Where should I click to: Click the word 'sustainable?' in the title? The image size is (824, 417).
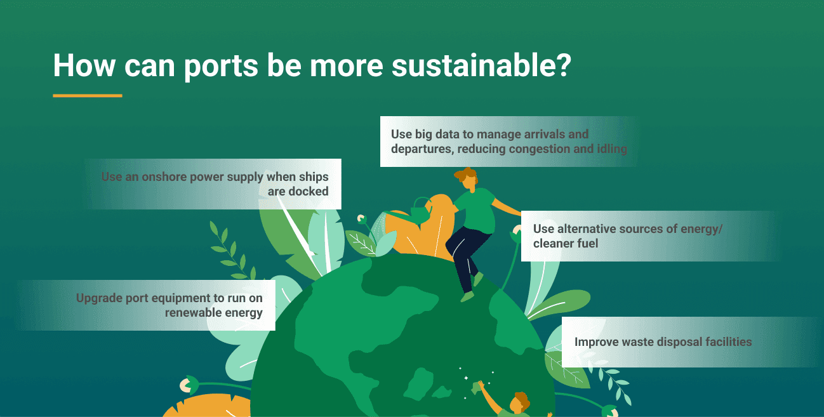tap(481, 65)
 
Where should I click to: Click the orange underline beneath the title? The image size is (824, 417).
tap(88, 96)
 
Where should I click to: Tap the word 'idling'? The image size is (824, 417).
tap(611, 149)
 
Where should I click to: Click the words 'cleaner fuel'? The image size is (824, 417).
tap(566, 244)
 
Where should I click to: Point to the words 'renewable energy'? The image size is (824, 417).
tap(213, 312)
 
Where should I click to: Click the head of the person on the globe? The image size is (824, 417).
tap(467, 179)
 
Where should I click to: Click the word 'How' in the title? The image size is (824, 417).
tap(84, 65)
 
